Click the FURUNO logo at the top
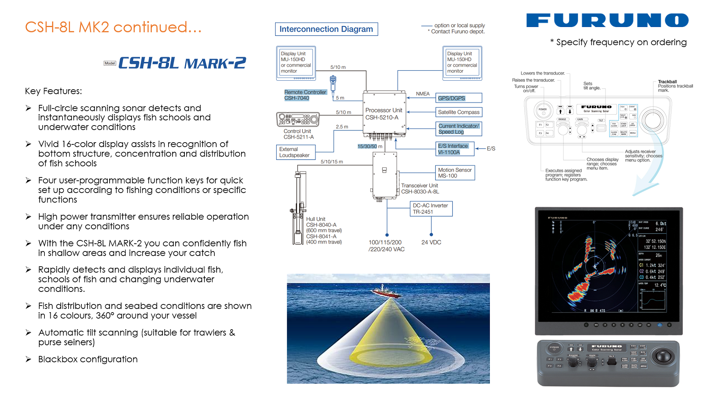coord(607,20)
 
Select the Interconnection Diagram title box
coord(326,29)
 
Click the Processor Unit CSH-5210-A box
coord(384,114)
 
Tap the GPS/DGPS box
coord(459,98)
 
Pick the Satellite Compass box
coord(459,112)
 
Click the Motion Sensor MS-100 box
coord(455,173)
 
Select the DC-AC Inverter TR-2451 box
coord(431,209)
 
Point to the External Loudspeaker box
coord(295,152)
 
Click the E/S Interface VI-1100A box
coord(455,149)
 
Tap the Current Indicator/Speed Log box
coord(459,129)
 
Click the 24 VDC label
coord(431,242)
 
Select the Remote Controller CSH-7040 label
coord(305,95)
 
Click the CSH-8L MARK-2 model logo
coord(182,63)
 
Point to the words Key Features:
coord(53,91)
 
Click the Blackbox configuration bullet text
coord(88,359)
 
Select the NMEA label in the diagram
coord(423,94)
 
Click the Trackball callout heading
coord(667,82)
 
